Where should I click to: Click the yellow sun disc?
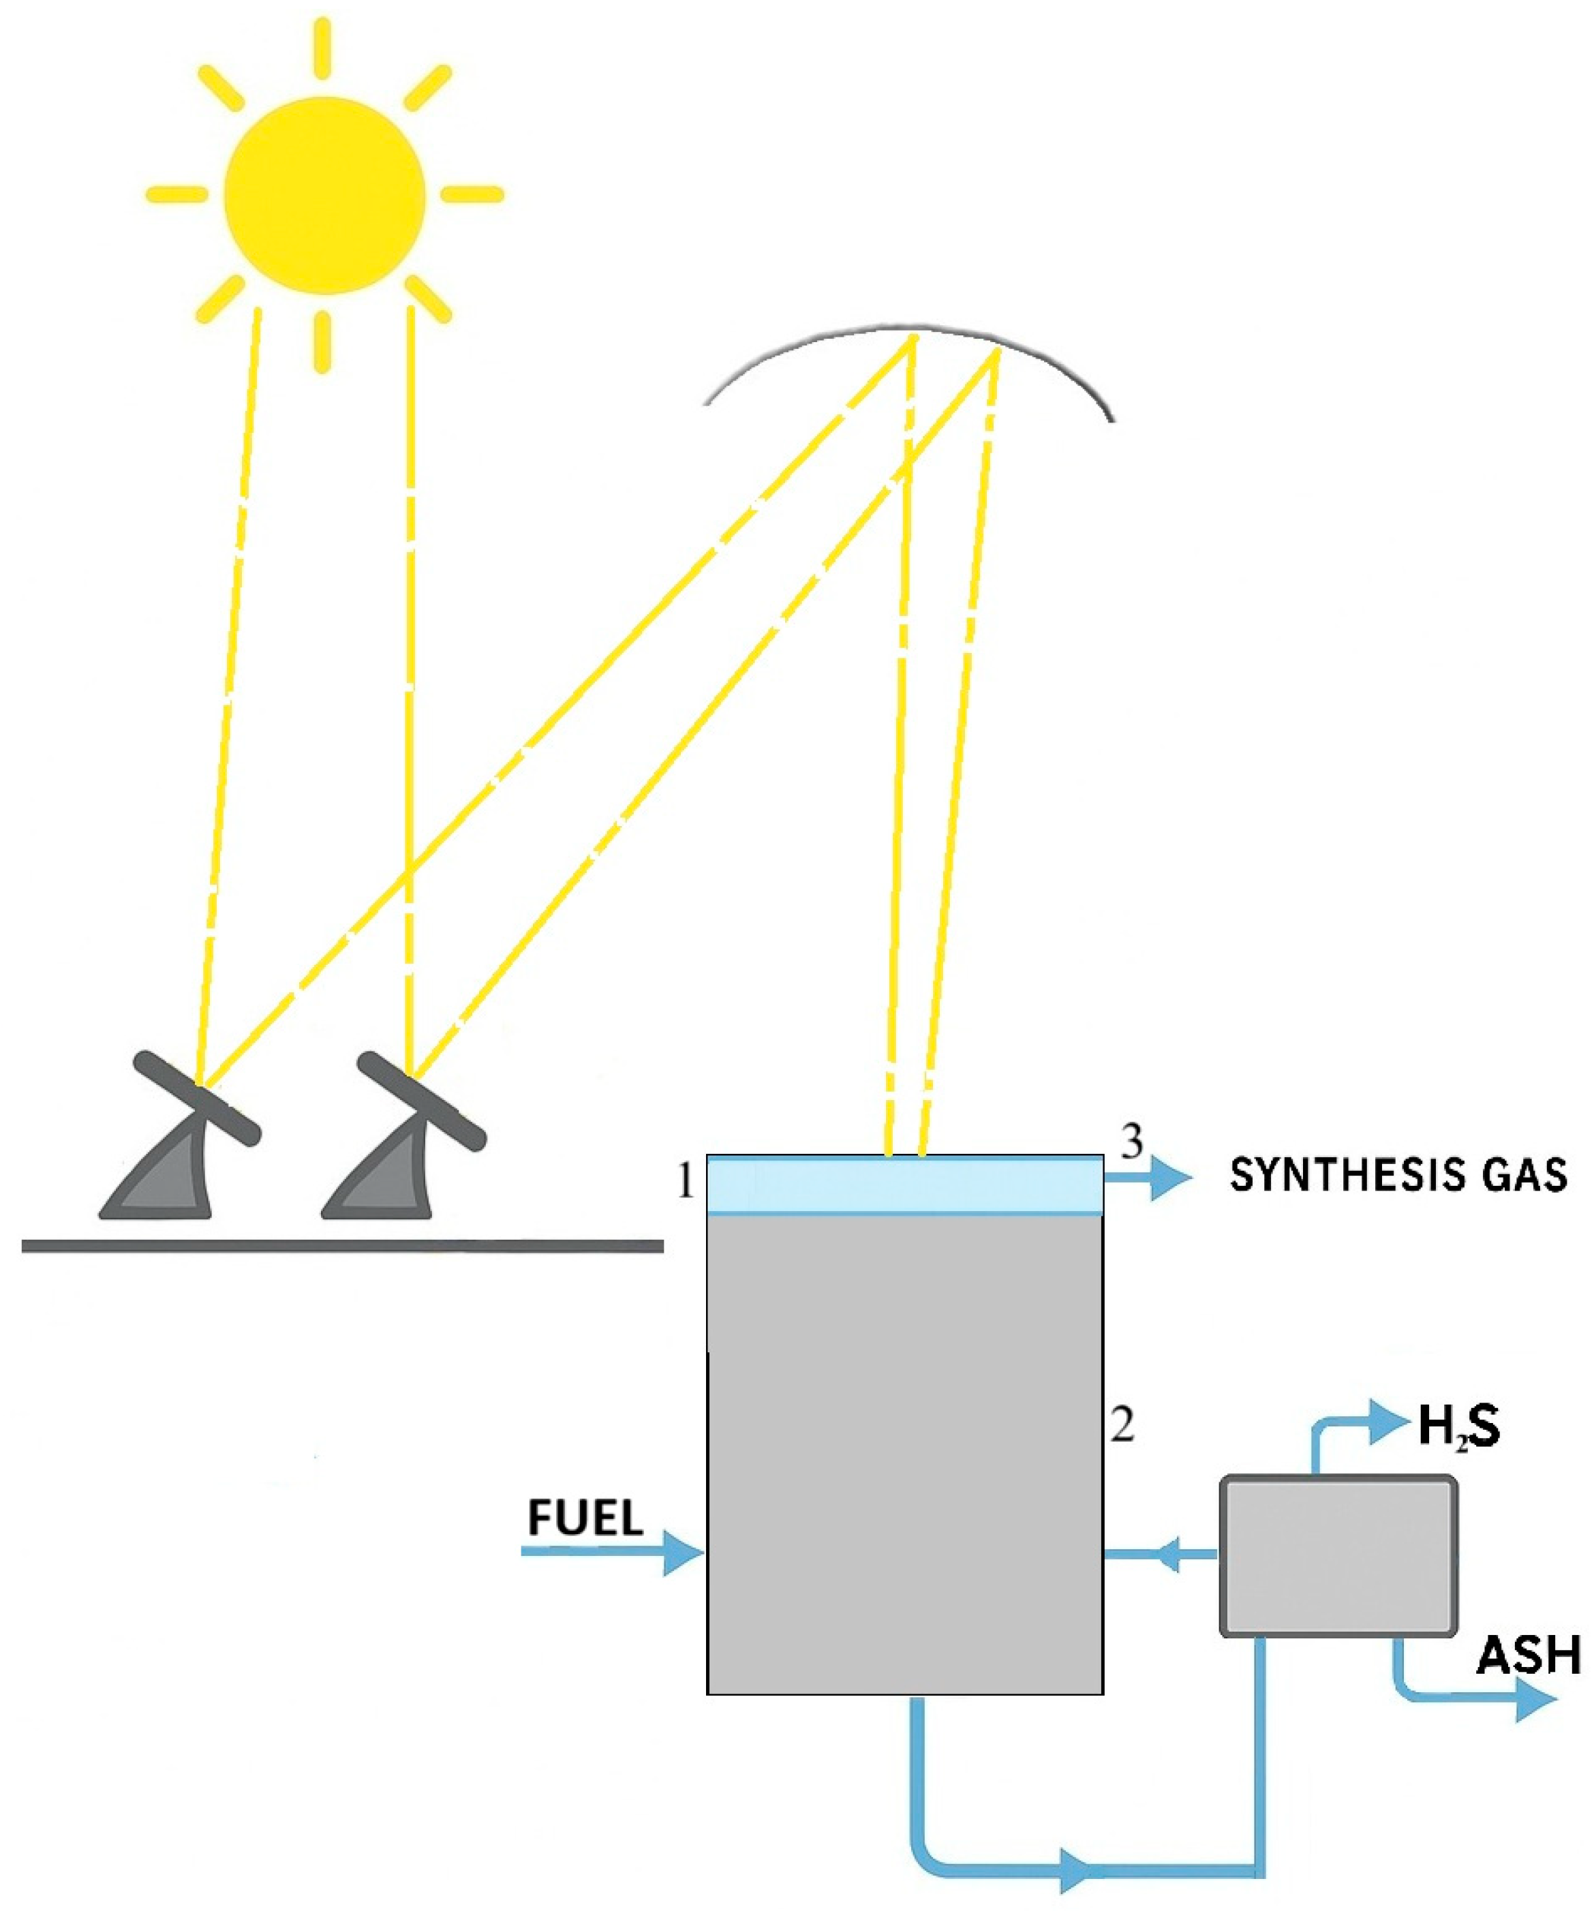click(x=325, y=196)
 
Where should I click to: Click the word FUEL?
click(x=585, y=1517)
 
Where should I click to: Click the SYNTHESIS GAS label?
click(x=1398, y=1176)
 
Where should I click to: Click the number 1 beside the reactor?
click(x=686, y=1183)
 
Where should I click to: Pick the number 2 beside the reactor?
click(x=1122, y=1425)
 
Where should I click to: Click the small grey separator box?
click(x=1338, y=1556)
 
